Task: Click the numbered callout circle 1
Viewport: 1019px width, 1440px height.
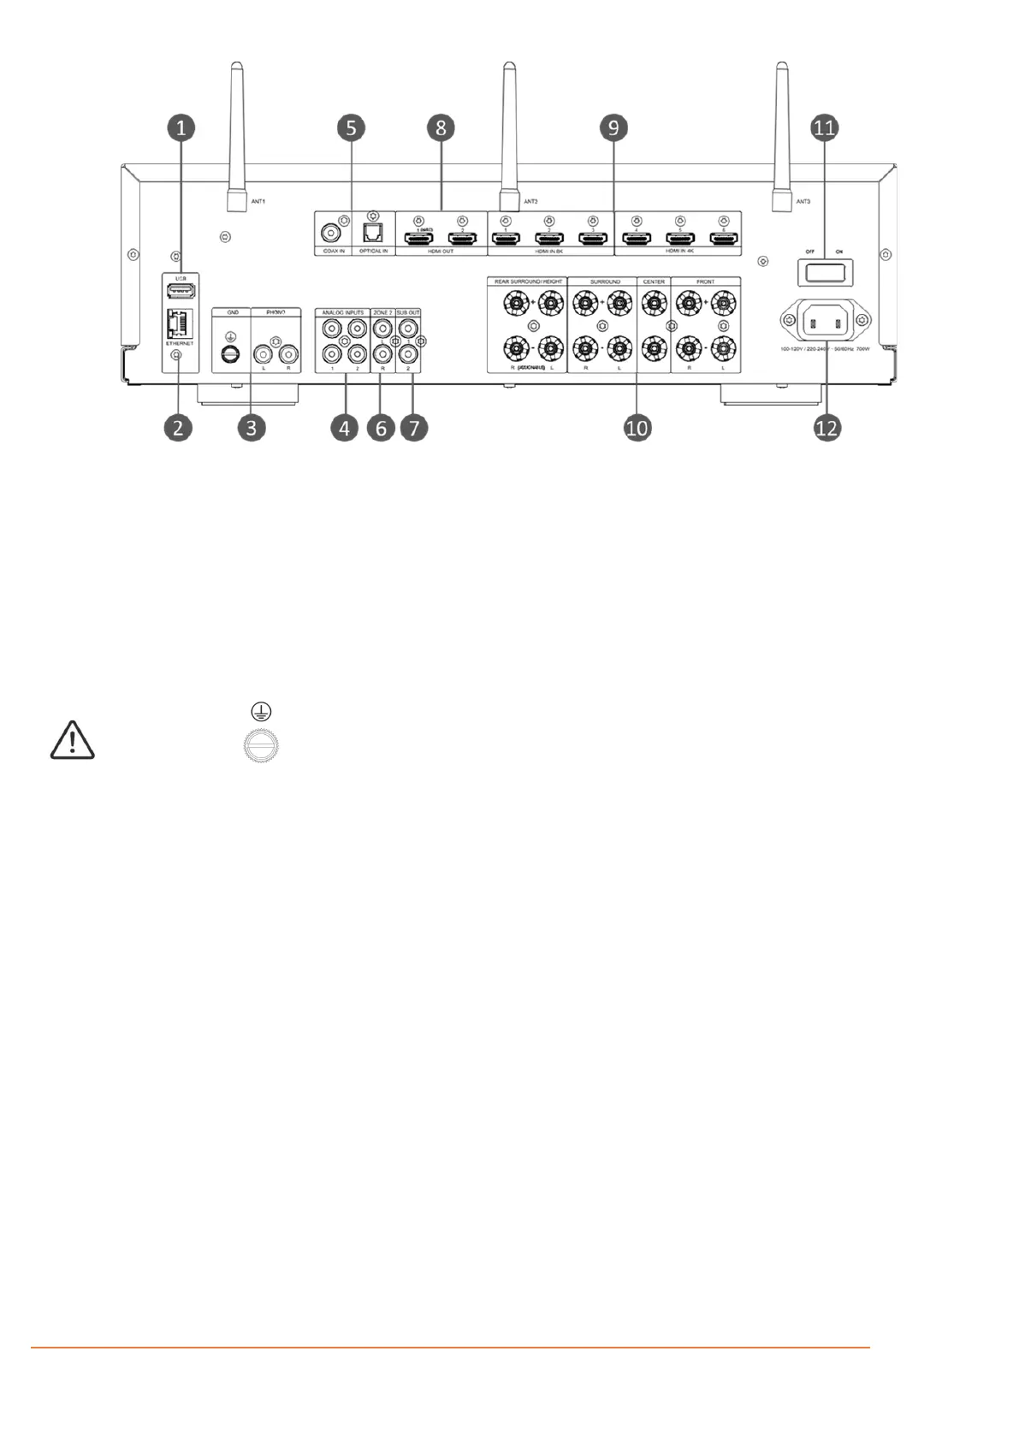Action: [181, 128]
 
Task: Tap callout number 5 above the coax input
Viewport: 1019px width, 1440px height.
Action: [351, 128]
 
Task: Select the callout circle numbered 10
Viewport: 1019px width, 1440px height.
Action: [637, 427]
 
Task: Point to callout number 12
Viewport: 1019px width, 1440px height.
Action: [826, 427]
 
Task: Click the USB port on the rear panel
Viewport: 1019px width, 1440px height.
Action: [181, 291]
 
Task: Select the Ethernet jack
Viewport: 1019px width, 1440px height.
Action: [179, 323]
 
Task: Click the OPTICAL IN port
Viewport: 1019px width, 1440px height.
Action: [373, 231]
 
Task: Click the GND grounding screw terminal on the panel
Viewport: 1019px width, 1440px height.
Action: [229, 353]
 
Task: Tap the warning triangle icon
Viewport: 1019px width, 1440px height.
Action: [73, 740]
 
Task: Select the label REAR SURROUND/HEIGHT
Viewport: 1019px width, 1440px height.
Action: [528, 281]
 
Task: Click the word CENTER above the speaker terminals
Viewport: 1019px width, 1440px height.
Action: [654, 281]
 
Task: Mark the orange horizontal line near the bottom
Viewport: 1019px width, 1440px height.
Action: [450, 1348]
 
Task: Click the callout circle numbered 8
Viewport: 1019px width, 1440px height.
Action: [441, 128]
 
